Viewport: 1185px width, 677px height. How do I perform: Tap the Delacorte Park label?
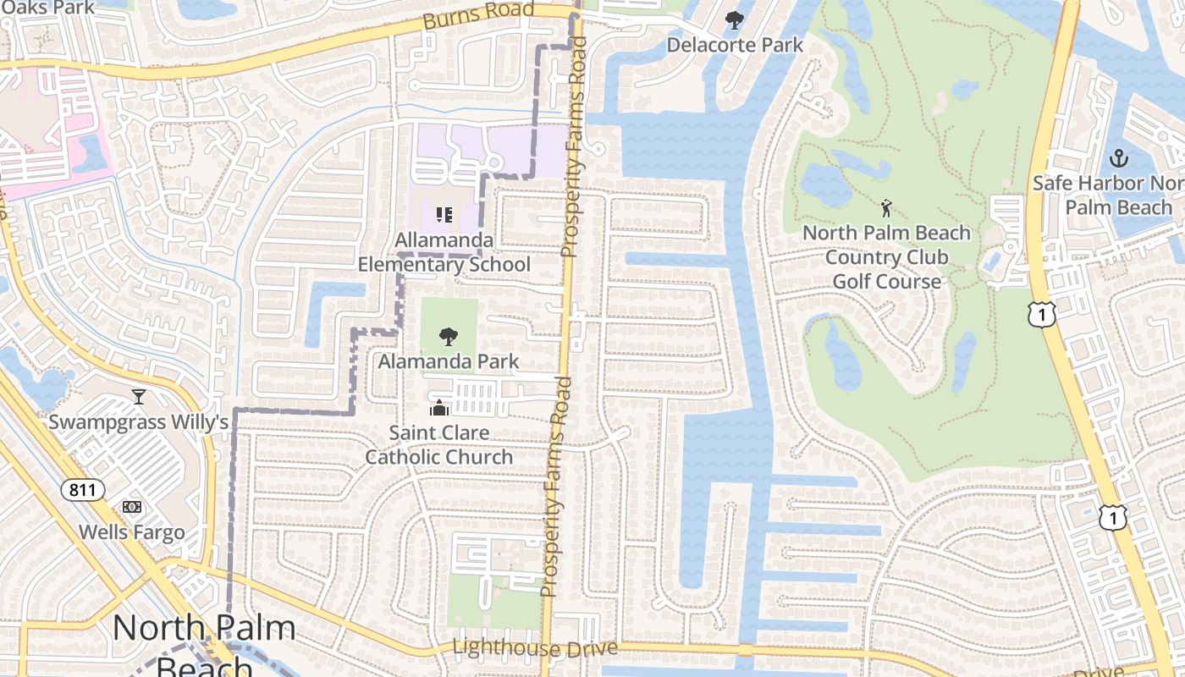tap(735, 45)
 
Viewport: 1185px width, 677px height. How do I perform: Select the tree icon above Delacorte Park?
tap(734, 19)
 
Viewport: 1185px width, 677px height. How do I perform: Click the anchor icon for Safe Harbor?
tap(1119, 158)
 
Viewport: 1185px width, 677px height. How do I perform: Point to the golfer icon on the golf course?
tap(886, 208)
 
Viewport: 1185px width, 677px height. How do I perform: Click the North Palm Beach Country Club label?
tap(886, 256)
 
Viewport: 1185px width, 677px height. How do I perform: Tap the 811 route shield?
tap(82, 489)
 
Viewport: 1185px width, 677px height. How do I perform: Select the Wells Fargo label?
tap(131, 532)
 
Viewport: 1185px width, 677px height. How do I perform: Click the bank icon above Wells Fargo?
tap(131, 507)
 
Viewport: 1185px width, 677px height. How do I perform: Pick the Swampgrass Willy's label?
tap(139, 421)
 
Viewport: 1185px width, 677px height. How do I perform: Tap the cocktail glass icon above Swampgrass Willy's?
tap(139, 396)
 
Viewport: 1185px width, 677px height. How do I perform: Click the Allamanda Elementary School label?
tap(444, 252)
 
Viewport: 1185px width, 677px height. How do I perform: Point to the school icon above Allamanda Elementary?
tap(444, 216)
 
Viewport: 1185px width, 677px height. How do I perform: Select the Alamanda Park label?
tap(449, 362)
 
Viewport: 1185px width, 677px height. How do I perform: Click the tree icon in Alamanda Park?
tap(449, 337)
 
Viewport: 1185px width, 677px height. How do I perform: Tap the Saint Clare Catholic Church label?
tap(438, 445)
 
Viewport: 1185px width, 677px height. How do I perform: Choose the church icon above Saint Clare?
tap(438, 409)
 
